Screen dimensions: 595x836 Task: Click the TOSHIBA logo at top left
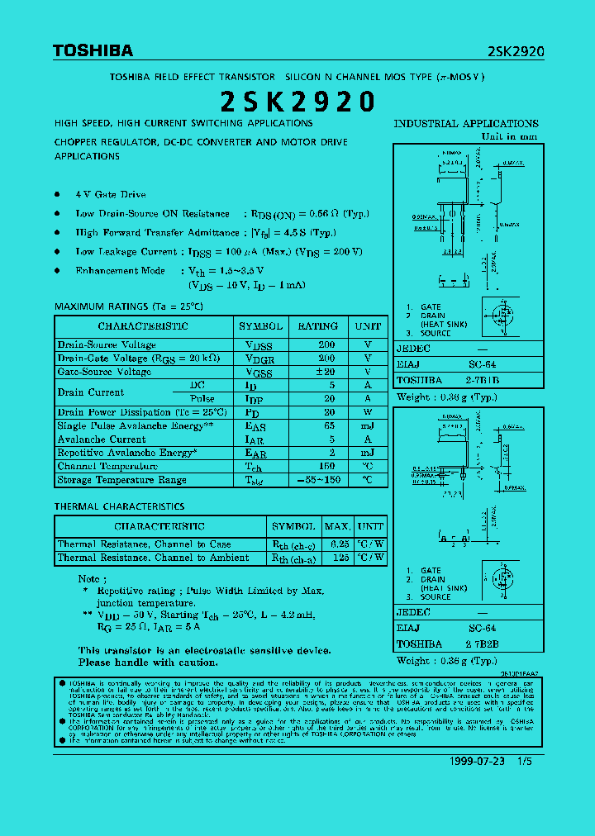(x=93, y=51)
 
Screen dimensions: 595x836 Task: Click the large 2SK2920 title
(x=297, y=102)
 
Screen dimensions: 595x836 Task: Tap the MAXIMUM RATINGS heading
(x=128, y=306)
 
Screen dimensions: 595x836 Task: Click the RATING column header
(x=317, y=326)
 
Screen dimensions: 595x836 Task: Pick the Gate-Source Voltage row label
(x=104, y=372)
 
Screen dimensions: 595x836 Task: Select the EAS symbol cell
(x=256, y=426)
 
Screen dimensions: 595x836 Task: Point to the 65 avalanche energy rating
(x=329, y=426)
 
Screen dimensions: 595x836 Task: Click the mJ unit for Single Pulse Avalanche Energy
(x=368, y=426)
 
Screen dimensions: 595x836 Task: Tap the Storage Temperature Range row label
(x=121, y=480)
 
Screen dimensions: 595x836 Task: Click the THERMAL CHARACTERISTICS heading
(x=119, y=506)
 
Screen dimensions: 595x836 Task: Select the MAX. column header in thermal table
(x=337, y=526)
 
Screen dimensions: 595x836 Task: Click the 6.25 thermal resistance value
(x=339, y=544)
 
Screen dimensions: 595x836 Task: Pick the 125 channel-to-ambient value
(x=339, y=558)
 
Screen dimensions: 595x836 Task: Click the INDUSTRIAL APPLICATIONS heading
(x=466, y=124)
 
